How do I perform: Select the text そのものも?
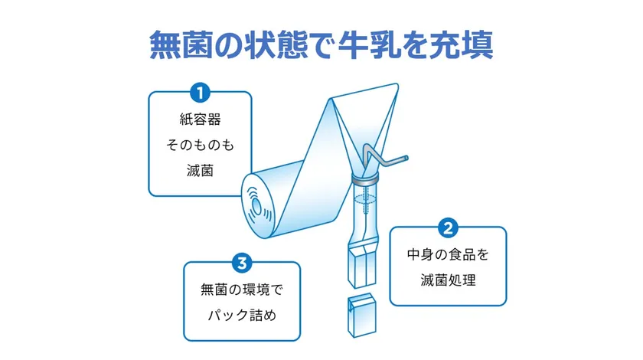(200, 146)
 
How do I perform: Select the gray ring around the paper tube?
(366, 180)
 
